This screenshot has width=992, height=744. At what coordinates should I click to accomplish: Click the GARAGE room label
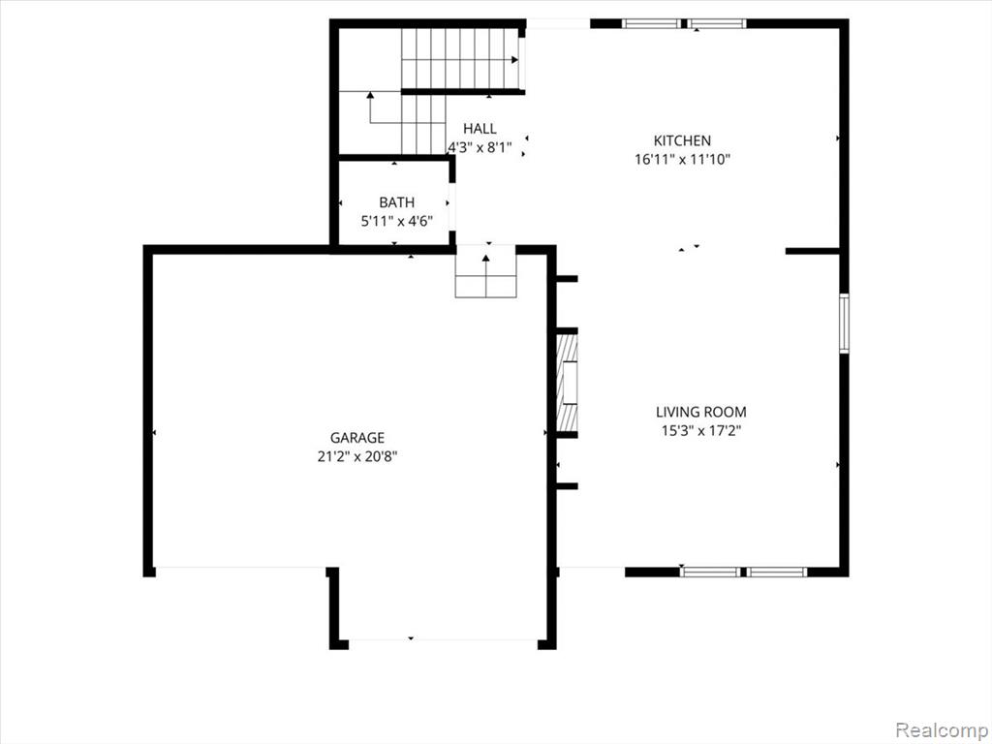click(x=357, y=437)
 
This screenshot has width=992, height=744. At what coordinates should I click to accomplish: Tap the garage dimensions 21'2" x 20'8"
click(x=357, y=456)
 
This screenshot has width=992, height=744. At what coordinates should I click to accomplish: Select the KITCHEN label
click(x=682, y=140)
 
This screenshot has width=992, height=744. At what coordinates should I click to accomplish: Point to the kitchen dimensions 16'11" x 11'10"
click(x=683, y=160)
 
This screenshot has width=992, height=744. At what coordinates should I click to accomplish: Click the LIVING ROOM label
click(x=701, y=412)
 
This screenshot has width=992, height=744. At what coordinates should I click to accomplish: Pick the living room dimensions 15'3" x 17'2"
click(x=701, y=431)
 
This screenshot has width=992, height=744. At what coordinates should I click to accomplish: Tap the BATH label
click(x=396, y=202)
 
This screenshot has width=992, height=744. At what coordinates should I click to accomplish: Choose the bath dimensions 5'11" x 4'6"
click(x=396, y=222)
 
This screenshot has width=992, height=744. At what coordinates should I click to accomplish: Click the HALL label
click(x=480, y=129)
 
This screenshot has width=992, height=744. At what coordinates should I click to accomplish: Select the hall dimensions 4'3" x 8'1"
click(x=480, y=148)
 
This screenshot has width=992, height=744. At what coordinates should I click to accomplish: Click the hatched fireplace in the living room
click(x=567, y=383)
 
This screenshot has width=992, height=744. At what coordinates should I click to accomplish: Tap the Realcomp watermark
click(x=939, y=730)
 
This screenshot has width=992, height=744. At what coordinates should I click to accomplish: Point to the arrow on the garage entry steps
click(x=486, y=275)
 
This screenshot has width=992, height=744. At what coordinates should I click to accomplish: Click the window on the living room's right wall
click(x=844, y=323)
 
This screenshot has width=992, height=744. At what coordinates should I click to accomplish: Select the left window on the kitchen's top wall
click(x=651, y=24)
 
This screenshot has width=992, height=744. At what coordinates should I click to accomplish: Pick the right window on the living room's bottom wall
click(x=777, y=572)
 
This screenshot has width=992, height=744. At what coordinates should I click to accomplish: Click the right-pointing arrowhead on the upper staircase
click(x=515, y=60)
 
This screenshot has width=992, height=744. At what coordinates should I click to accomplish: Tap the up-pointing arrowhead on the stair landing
click(x=370, y=96)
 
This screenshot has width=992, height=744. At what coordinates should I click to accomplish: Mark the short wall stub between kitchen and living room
click(x=813, y=251)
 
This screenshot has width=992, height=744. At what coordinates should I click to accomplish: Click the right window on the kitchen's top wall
click(x=718, y=24)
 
